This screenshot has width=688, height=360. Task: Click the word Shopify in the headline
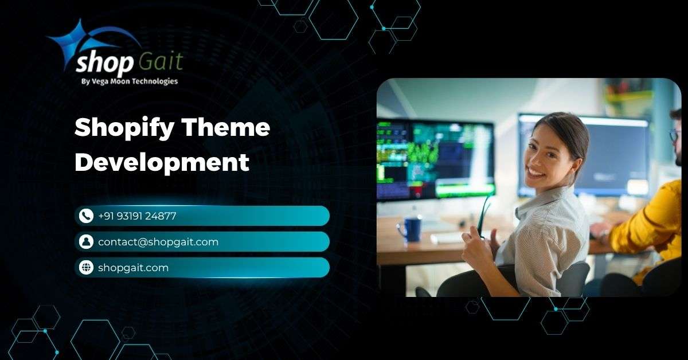[124, 128]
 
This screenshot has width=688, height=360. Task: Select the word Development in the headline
[162, 163]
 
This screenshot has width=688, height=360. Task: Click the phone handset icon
[86, 216]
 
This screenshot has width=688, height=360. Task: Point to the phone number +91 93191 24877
[137, 216]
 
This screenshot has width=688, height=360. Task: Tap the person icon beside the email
[86, 242]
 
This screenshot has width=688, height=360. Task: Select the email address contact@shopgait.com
[158, 242]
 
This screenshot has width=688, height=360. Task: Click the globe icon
[86, 268]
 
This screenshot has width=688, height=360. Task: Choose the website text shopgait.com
[133, 268]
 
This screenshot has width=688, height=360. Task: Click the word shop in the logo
[104, 64]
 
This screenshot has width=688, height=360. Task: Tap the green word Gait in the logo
[161, 61]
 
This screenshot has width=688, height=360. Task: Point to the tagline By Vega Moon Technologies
[130, 81]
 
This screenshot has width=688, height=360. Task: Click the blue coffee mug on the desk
[409, 230]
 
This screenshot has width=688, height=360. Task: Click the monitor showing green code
[436, 160]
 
